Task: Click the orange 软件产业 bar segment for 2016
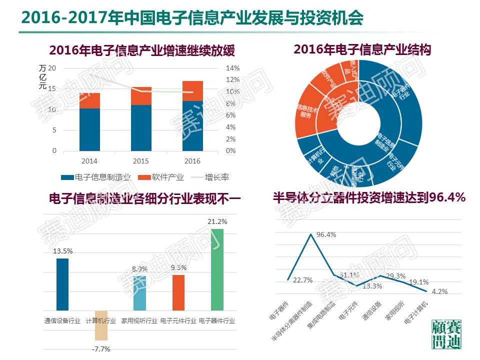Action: (x=192, y=91)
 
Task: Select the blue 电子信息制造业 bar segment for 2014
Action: (x=89, y=129)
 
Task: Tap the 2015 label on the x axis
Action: (x=141, y=161)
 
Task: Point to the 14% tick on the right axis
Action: (x=233, y=68)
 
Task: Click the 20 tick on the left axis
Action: (x=52, y=68)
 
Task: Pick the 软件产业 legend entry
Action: (x=161, y=177)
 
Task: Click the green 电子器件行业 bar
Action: (x=217, y=269)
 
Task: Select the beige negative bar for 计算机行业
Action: (x=101, y=325)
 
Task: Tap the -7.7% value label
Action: (x=101, y=348)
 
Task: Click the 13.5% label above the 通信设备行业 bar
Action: (x=63, y=251)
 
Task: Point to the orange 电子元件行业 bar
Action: (x=178, y=292)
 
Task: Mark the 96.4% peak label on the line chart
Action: (x=326, y=234)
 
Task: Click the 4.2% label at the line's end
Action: (x=439, y=291)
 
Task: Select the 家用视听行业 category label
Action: (x=139, y=320)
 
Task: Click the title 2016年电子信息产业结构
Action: (x=362, y=49)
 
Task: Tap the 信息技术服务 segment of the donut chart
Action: (x=307, y=111)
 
